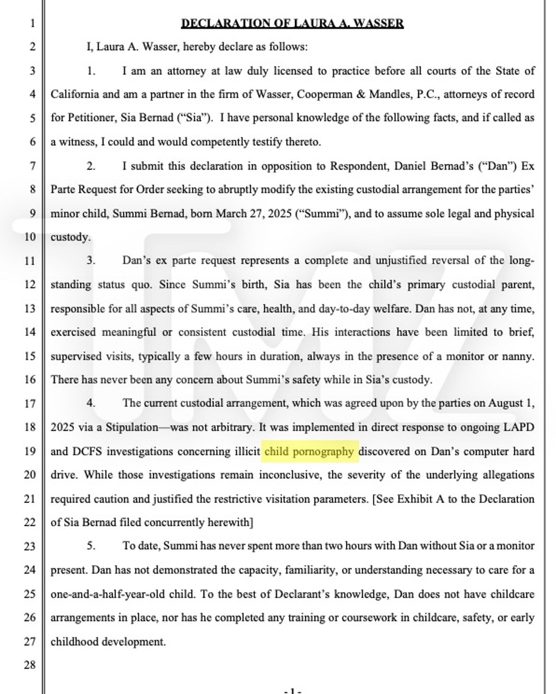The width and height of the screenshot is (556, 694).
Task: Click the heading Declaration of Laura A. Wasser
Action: click(292, 23)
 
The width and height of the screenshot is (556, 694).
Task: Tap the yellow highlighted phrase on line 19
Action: click(309, 451)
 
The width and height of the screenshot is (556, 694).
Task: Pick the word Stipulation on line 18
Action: click(132, 427)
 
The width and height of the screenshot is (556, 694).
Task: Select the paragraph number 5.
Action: click(91, 546)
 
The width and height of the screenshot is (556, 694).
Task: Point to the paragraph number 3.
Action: click(91, 261)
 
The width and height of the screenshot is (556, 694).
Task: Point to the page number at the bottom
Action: click(292, 690)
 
